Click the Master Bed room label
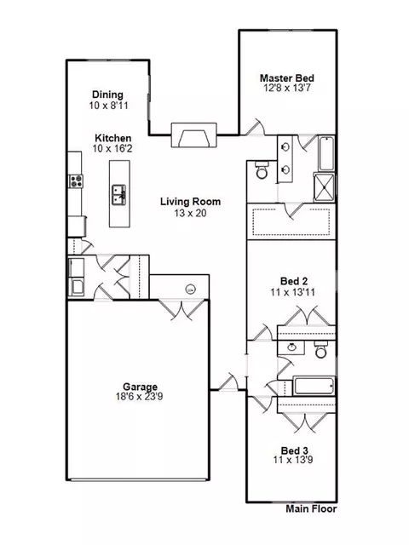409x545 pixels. point(287,77)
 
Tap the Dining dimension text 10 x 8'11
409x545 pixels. point(108,106)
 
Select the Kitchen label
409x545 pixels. point(113,138)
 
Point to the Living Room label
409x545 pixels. point(190,202)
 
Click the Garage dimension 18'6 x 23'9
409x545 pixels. point(139,397)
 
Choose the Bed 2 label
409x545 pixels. point(294,281)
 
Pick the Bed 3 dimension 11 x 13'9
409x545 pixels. point(293,460)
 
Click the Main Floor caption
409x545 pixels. point(311,509)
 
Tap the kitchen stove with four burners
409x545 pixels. point(76,181)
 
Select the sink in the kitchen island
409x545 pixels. point(119,195)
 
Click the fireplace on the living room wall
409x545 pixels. point(194,135)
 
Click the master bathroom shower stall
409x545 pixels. point(324,187)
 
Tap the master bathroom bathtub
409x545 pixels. point(326,153)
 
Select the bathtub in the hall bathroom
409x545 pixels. point(314,386)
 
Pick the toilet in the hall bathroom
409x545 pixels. point(320,349)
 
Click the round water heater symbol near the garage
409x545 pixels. point(190,289)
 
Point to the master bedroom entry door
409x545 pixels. point(255,127)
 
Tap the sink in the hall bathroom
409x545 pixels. point(291,347)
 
